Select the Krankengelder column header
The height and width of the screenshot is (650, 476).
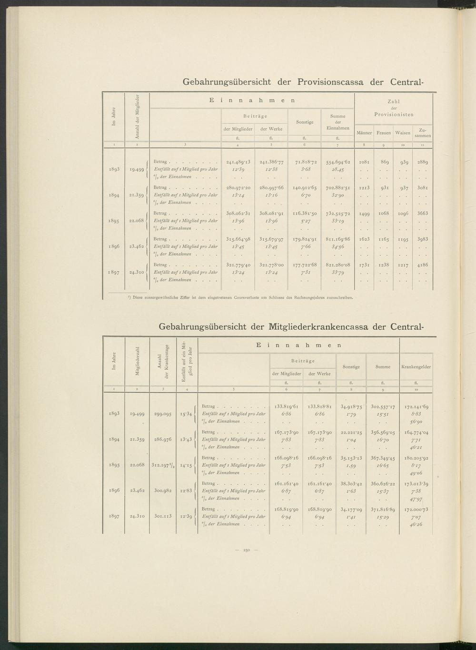[x=416, y=367]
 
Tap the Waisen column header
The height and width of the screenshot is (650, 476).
[x=403, y=133]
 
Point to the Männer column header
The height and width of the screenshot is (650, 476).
[x=364, y=133]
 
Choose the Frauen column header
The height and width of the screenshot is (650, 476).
[x=383, y=133]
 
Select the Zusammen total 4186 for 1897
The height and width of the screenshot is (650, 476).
[x=422, y=265]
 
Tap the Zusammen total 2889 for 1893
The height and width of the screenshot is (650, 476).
[x=422, y=162]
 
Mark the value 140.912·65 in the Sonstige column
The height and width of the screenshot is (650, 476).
[x=304, y=187]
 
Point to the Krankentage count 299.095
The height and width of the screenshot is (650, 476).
[x=163, y=414]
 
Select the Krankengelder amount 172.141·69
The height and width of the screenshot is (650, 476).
[x=416, y=407]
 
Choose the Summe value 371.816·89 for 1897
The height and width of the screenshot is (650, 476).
[x=382, y=509]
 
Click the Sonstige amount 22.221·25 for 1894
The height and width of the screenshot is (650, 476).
[x=350, y=432]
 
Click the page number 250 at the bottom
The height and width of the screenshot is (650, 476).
[x=247, y=551]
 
